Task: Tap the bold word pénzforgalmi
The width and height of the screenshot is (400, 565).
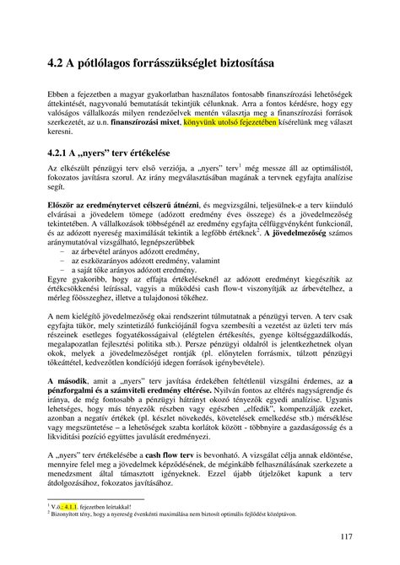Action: click(x=77, y=392)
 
